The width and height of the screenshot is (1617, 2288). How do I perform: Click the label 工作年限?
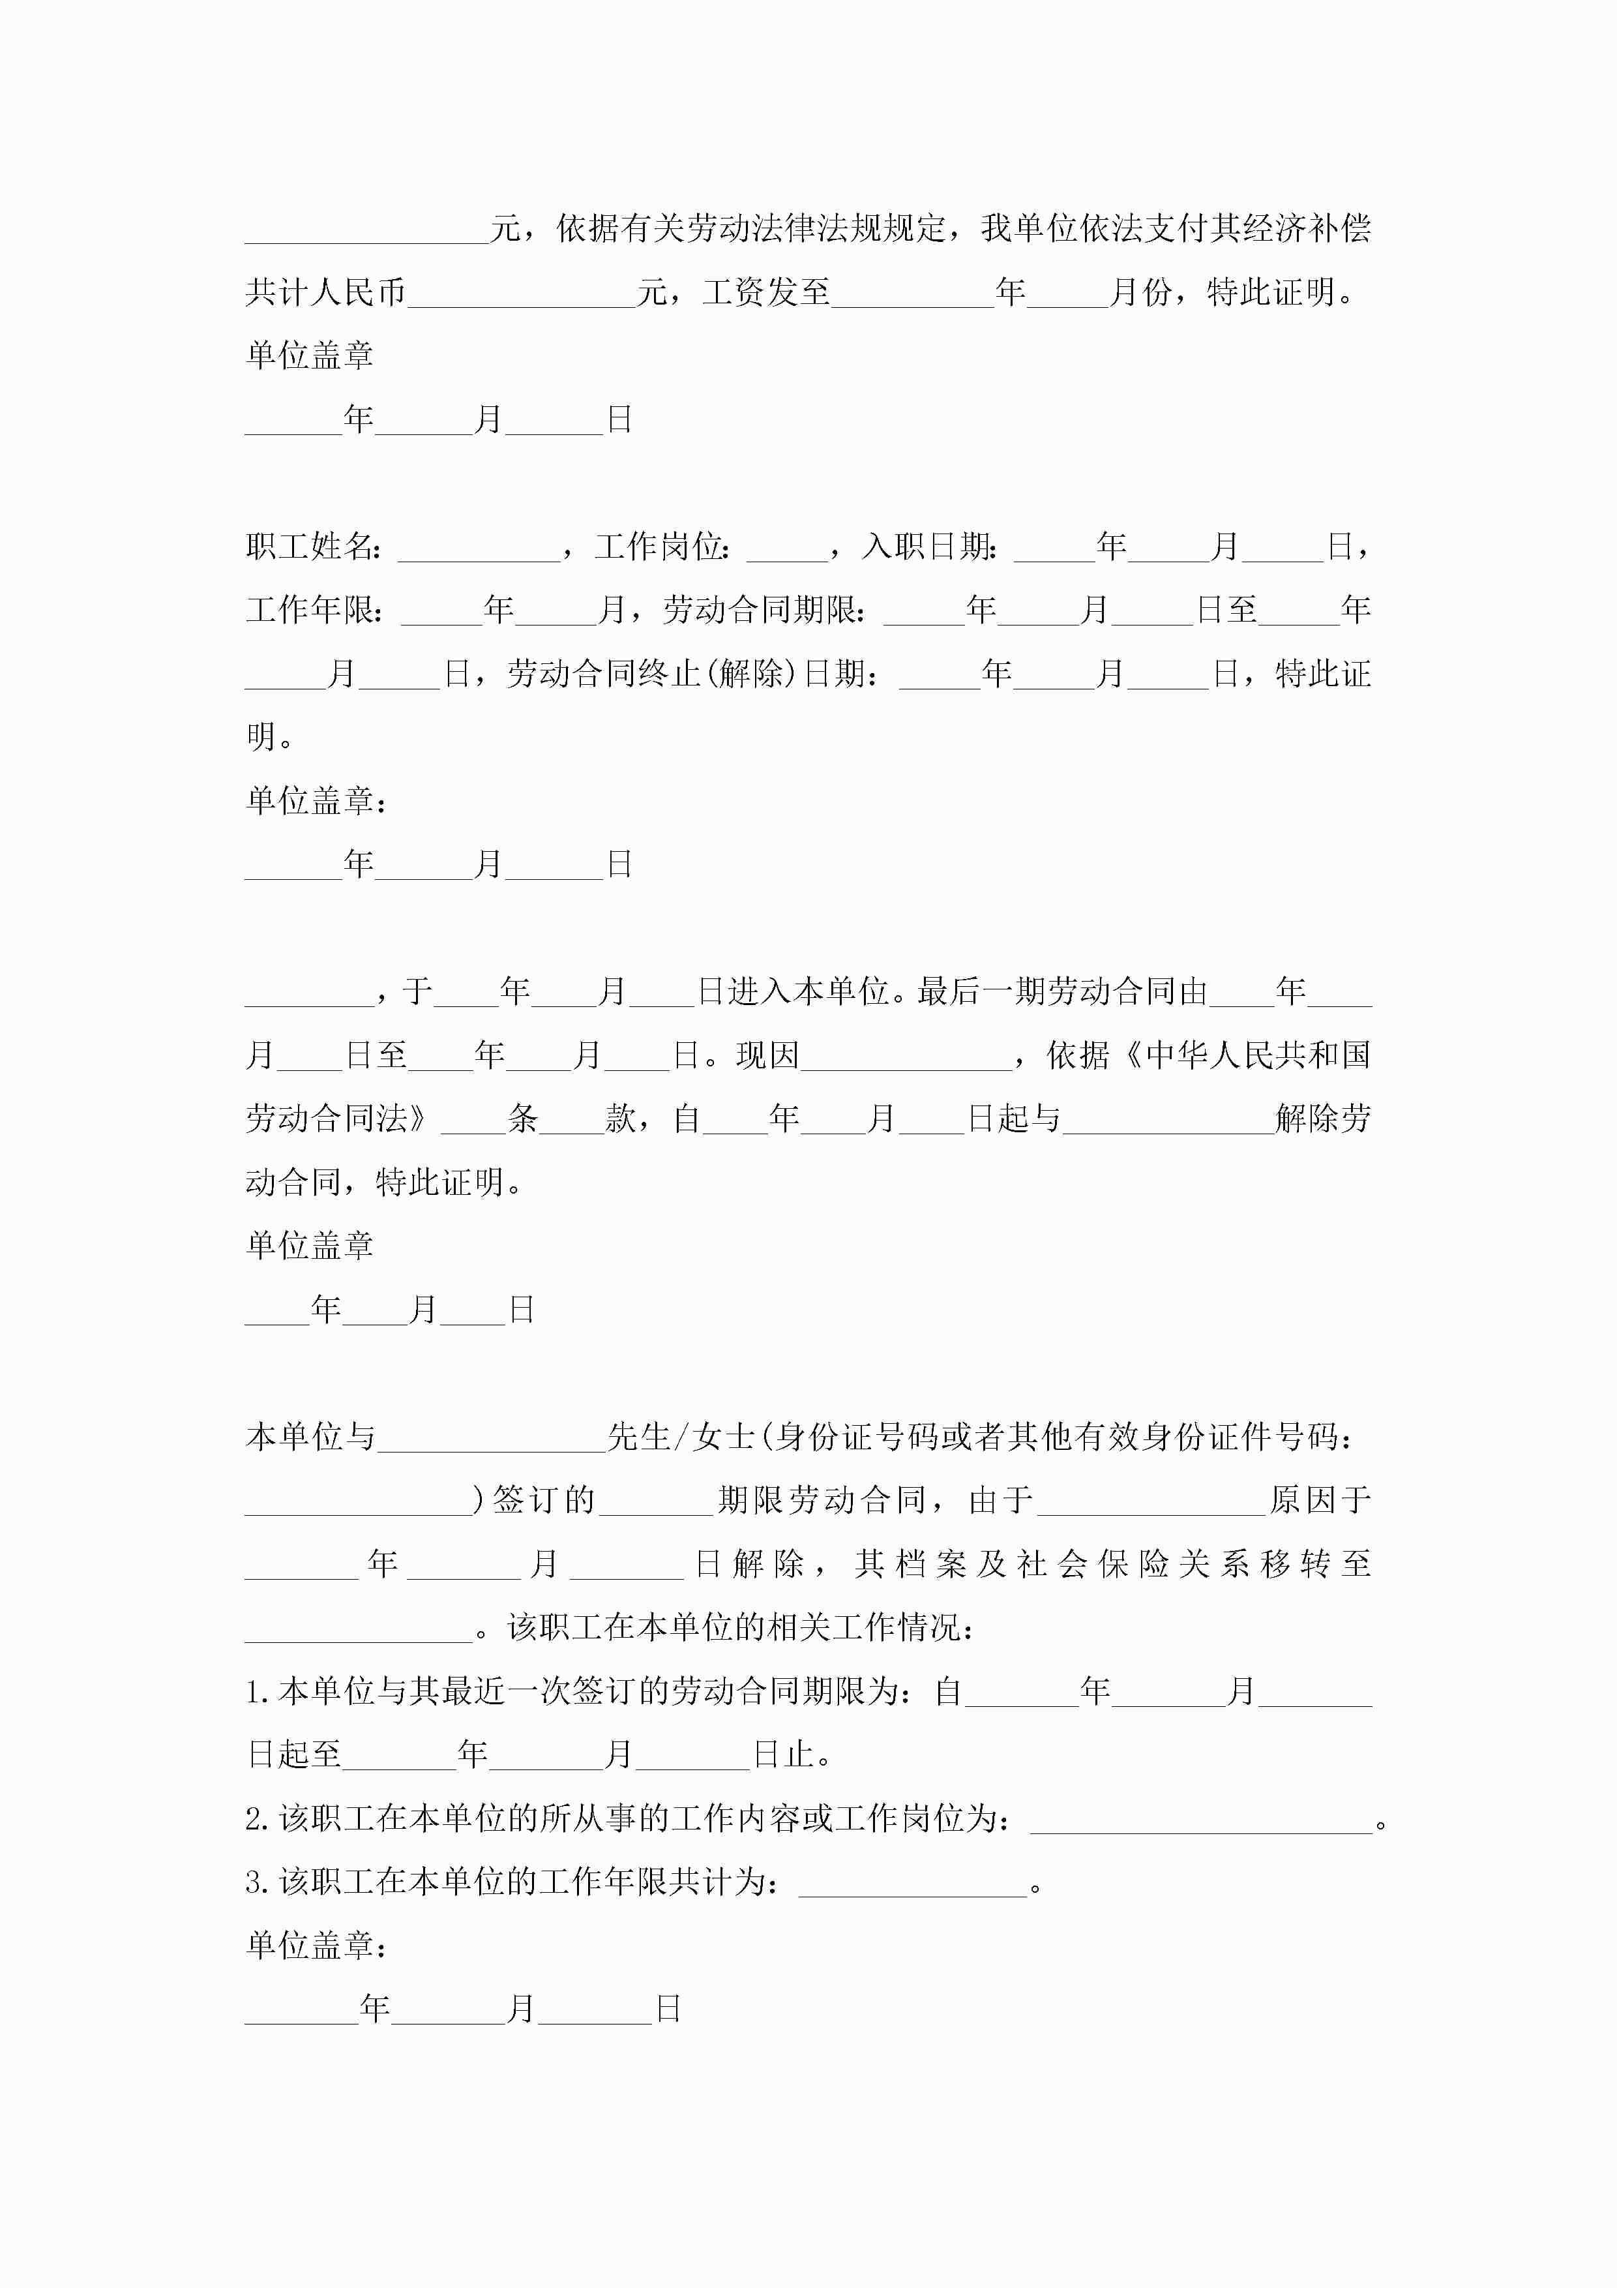coord(315,610)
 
